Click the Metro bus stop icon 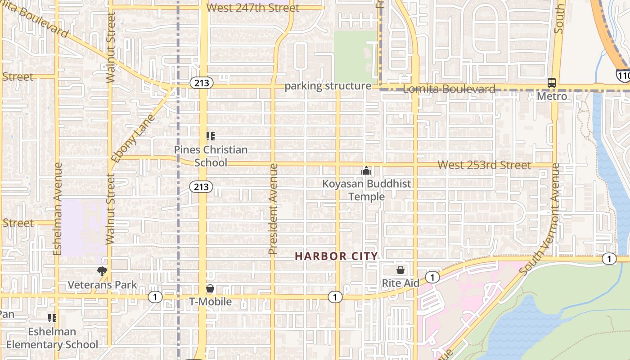[x=552, y=83]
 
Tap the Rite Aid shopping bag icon [x=400, y=270]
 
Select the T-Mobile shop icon [x=210, y=288]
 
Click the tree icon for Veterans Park [x=102, y=271]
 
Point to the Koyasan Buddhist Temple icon [x=366, y=171]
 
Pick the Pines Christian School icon [x=210, y=136]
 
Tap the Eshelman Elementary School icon [x=52, y=318]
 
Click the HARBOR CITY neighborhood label [x=336, y=256]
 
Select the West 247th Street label [x=252, y=8]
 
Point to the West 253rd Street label [x=484, y=165]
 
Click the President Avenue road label [x=274, y=209]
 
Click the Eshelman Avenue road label [x=57, y=209]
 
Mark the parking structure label [x=328, y=86]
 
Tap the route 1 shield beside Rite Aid [x=432, y=277]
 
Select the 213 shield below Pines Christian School [x=201, y=186]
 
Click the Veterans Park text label [x=102, y=285]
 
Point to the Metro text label [x=552, y=96]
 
